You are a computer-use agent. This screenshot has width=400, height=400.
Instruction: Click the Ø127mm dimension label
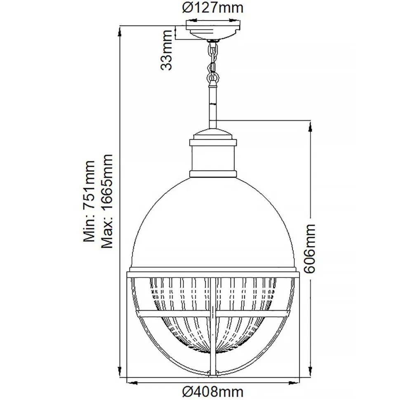coord(213,7)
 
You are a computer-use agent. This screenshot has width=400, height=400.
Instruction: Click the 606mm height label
coord(310,249)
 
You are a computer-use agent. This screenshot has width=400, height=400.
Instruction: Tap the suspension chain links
coord(213,62)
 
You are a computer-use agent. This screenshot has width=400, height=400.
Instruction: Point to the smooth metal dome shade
coord(213,223)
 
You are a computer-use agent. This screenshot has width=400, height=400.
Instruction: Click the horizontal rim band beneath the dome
coord(213,273)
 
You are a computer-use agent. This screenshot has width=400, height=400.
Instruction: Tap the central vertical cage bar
coord(213,330)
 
